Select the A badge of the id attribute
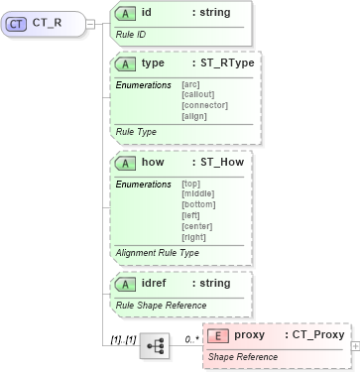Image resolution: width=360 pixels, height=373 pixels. tap(126, 13)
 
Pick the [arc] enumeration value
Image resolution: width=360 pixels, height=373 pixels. tap(190, 84)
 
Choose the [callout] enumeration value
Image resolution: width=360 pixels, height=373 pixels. tap(197, 94)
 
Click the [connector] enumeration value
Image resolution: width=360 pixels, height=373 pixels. tap(204, 104)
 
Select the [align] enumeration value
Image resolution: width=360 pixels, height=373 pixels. tap(194, 115)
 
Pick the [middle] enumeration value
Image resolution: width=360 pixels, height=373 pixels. tap(198, 193)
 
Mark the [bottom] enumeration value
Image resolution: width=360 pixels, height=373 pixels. tap(199, 203)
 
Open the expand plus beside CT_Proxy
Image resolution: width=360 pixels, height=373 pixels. tap(355, 347)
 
